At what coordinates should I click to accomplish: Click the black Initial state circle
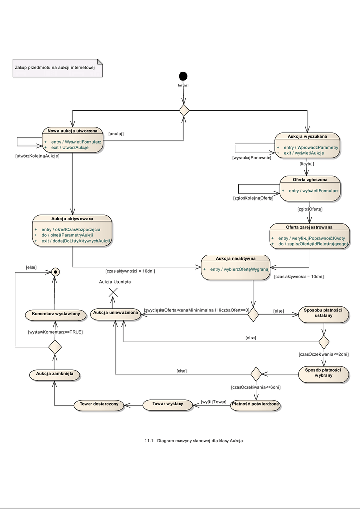(183, 76)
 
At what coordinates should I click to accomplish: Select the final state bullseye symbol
(56, 272)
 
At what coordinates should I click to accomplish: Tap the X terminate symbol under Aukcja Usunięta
(113, 292)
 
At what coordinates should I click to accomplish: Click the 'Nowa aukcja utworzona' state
(73, 140)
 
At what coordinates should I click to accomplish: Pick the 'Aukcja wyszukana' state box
(307, 145)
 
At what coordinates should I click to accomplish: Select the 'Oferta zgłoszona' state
(308, 188)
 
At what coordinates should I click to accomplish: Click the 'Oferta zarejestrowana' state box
(309, 236)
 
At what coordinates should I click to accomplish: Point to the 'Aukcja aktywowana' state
(73, 230)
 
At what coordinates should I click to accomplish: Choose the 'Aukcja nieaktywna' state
(235, 267)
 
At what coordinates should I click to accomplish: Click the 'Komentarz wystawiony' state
(56, 314)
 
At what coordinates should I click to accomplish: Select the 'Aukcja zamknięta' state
(55, 374)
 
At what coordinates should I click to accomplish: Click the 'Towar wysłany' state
(168, 404)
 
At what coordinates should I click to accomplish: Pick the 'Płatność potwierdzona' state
(256, 405)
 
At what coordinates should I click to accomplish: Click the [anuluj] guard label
(116, 134)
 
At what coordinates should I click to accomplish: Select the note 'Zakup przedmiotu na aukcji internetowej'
(58, 68)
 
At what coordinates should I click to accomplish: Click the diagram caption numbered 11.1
(194, 441)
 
